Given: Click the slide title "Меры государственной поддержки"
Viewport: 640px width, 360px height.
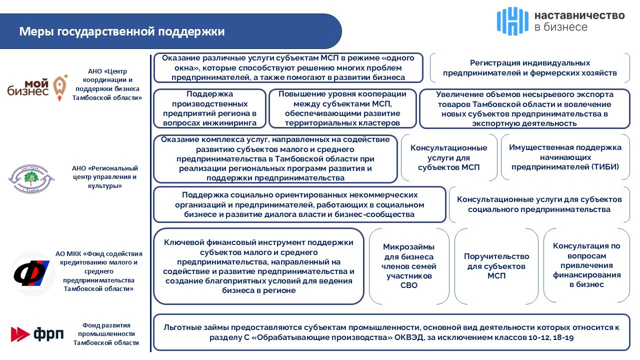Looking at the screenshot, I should (x=122, y=32).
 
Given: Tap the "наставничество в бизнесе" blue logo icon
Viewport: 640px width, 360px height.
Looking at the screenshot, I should (x=512, y=21).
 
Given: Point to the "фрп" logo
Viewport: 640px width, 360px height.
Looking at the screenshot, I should (x=37, y=333).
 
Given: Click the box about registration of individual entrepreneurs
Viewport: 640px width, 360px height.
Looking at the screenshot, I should (x=530, y=68).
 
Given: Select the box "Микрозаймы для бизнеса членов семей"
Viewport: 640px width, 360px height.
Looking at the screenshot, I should (x=408, y=266).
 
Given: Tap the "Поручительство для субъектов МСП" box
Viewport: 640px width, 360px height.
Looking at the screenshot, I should (x=496, y=266).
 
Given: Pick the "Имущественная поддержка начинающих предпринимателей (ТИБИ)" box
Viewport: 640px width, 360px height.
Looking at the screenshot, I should (x=565, y=157).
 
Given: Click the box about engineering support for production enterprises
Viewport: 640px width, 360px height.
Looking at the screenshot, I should (x=209, y=108).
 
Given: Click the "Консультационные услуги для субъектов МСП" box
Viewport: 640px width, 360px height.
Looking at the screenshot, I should (x=448, y=157).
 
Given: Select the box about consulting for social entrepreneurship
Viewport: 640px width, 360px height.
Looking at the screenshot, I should (x=539, y=204).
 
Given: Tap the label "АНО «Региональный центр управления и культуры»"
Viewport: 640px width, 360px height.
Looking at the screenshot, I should (x=104, y=177).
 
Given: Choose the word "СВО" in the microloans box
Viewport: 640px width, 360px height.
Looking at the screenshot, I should (x=408, y=285).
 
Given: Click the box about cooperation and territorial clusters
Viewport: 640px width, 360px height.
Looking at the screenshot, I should (x=342, y=108).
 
